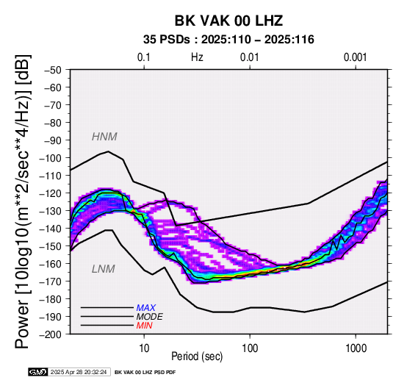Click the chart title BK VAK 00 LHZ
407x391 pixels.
tap(228, 21)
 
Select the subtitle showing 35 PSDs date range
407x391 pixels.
tap(228, 40)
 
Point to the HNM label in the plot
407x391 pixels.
tap(104, 137)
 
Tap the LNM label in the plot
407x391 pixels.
tap(104, 269)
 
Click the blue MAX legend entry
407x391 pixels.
tap(145, 308)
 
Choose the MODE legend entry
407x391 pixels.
tap(150, 317)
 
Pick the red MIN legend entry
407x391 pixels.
tap(144, 326)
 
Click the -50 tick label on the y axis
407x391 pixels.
tap(53, 70)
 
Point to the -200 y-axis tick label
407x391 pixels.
tap(51, 334)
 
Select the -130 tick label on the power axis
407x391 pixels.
tap(51, 211)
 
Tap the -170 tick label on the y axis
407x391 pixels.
tap(51, 281)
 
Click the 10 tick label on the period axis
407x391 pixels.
tap(144, 348)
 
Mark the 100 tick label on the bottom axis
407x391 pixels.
tap(250, 348)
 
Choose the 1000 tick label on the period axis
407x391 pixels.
tap(356, 348)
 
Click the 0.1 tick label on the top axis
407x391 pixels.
tap(144, 57)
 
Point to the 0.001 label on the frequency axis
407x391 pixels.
tap(356, 57)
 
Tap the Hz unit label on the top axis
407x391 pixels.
tap(197, 57)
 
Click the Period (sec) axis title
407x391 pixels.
tap(197, 356)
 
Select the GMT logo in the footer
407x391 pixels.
tap(38, 372)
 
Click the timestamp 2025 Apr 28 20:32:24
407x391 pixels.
tap(79, 373)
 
